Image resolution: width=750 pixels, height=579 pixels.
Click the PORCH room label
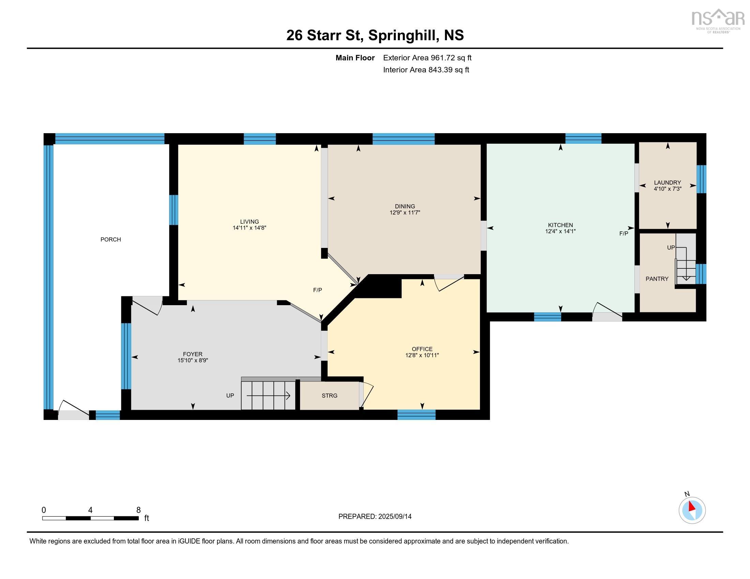pyautogui.click(x=110, y=239)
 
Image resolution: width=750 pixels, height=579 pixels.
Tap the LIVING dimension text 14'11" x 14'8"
pyautogui.click(x=249, y=228)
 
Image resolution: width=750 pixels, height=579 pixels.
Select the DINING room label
pyautogui.click(x=405, y=206)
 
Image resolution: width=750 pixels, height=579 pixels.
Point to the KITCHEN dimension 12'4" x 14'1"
pyautogui.click(x=560, y=231)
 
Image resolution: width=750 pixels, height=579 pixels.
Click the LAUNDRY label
pyautogui.click(x=667, y=183)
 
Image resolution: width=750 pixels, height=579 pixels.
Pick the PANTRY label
pyautogui.click(x=657, y=279)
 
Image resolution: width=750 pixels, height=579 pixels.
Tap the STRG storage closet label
pyautogui.click(x=329, y=395)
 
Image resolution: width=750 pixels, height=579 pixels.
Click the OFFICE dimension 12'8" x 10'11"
pyautogui.click(x=422, y=355)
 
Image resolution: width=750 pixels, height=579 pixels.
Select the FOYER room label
pyautogui.click(x=193, y=354)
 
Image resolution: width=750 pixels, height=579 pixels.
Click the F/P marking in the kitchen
pyautogui.click(x=624, y=234)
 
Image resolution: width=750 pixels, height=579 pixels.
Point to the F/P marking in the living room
pyautogui.click(x=317, y=290)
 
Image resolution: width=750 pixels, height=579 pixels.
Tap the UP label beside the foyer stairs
pyautogui.click(x=230, y=395)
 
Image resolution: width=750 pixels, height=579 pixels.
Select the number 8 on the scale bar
pyautogui.click(x=138, y=510)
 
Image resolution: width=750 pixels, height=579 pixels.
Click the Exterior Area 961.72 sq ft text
pyautogui.click(x=427, y=58)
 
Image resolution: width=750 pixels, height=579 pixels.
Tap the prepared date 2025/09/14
pyautogui.click(x=394, y=517)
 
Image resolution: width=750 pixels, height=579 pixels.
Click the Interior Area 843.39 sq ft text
pyautogui.click(x=426, y=69)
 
